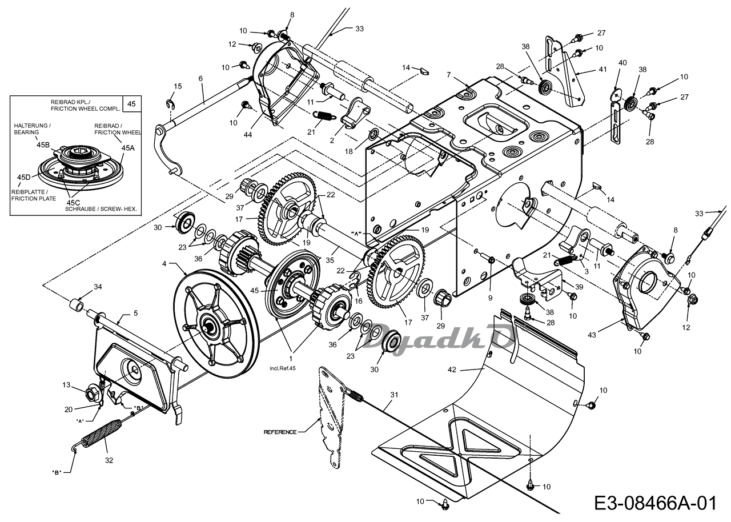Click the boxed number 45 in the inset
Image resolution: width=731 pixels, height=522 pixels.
pos(131,104)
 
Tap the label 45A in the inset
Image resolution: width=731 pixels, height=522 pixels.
pos(128,148)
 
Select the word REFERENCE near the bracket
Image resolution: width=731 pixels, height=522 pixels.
pos(280,432)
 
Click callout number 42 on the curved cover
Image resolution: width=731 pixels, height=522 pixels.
pos(452,370)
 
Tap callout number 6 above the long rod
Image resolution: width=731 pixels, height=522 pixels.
pos(200,78)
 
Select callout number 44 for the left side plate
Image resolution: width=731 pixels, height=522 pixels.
pos(248,134)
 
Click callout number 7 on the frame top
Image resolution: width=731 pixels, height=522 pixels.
pos(448,75)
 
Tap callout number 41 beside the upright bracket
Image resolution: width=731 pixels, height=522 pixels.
pos(603,69)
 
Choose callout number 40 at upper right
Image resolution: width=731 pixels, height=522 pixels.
pos(622,62)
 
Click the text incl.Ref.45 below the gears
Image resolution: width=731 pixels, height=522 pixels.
pos(282,368)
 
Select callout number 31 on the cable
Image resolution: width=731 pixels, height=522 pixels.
pos(394,395)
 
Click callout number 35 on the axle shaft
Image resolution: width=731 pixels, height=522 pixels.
pos(330,260)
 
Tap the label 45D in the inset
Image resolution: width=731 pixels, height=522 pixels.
pos(24,177)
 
